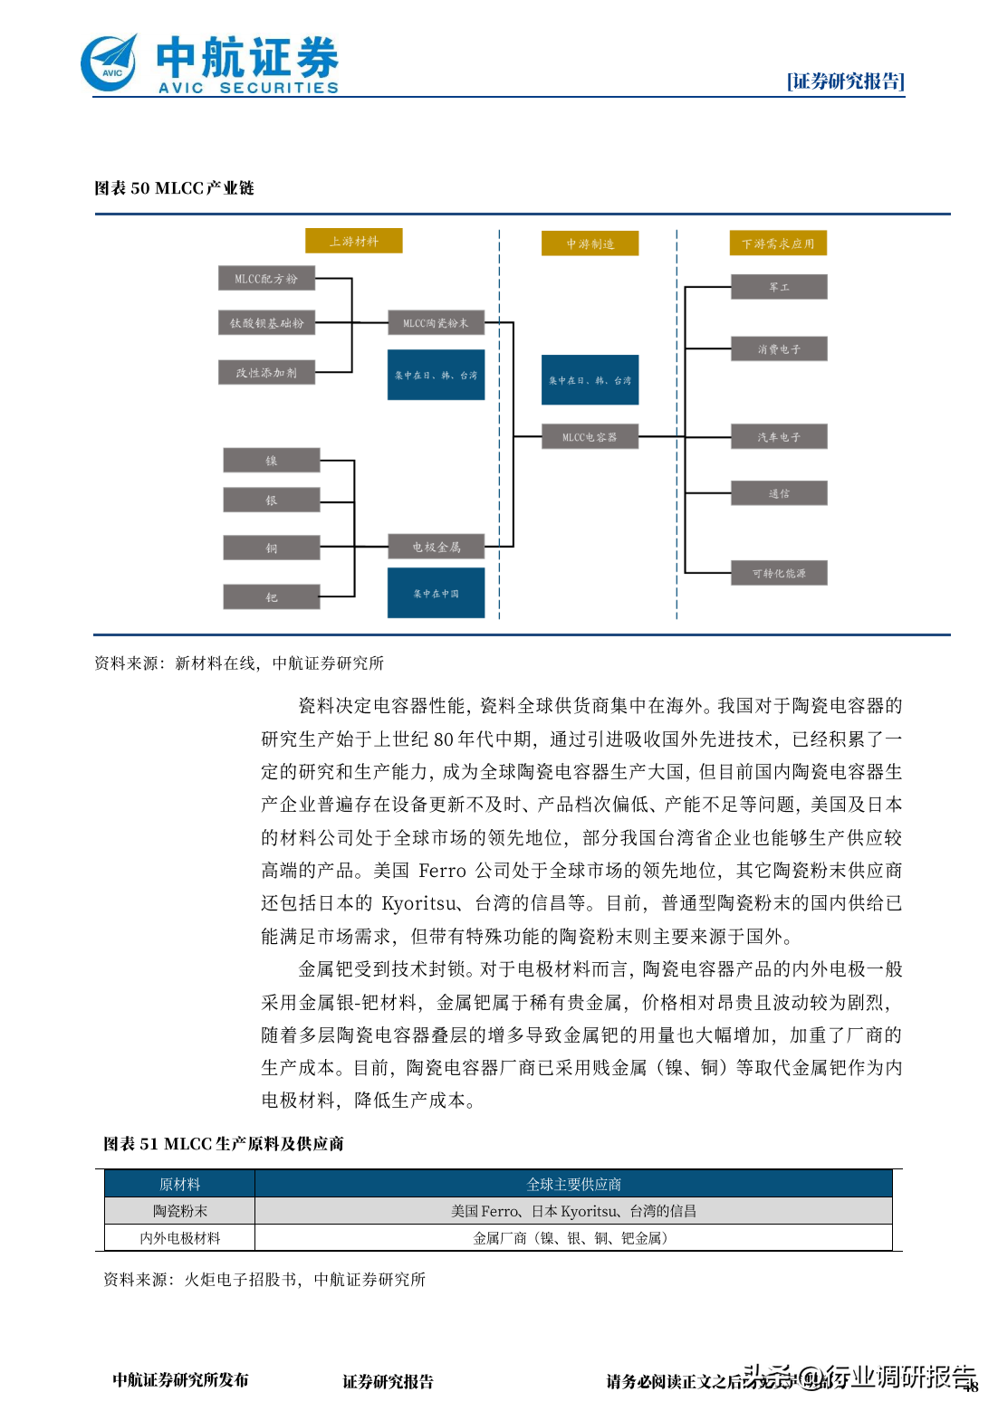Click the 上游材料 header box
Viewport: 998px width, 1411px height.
click(x=353, y=241)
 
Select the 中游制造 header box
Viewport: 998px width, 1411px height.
click(x=590, y=243)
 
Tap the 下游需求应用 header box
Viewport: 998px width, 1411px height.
click(x=778, y=243)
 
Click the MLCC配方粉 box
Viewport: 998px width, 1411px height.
click(x=266, y=279)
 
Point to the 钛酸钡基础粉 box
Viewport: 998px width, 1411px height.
click(x=266, y=323)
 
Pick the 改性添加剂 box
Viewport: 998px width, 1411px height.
click(x=266, y=372)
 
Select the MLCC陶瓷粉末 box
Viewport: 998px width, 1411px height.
click(x=436, y=323)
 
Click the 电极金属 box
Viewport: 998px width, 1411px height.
click(x=436, y=547)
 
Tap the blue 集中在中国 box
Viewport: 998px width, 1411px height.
click(x=436, y=594)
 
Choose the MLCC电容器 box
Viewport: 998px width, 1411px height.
click(x=590, y=437)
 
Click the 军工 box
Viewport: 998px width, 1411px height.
click(x=779, y=287)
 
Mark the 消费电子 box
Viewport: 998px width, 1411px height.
click(x=779, y=348)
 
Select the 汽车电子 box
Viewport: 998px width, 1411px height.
click(x=779, y=437)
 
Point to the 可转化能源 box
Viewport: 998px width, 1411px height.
click(x=779, y=573)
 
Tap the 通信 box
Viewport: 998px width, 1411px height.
click(x=779, y=493)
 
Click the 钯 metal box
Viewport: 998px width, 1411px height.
click(x=272, y=597)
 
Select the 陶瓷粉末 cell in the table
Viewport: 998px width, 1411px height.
click(x=179, y=1211)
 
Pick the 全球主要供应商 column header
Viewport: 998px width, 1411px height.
click(x=573, y=1184)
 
